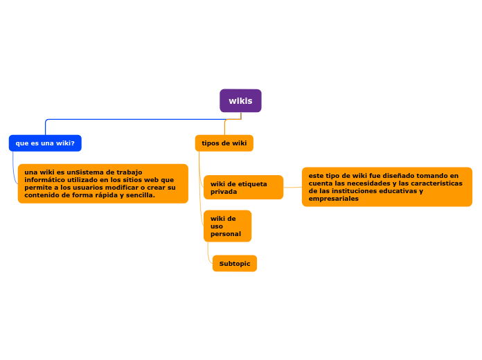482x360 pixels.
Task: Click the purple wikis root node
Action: [240, 100]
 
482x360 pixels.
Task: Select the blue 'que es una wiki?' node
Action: [45, 143]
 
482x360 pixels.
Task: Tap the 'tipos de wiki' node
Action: [224, 143]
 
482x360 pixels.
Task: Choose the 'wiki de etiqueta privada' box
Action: [243, 188]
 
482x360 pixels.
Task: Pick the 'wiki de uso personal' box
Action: [227, 226]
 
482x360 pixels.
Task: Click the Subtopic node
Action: [235, 264]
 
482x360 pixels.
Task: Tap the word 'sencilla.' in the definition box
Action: [140, 195]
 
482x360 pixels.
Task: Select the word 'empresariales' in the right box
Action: [334, 199]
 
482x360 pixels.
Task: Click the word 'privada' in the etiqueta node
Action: [224, 192]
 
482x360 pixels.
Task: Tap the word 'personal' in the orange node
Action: [226, 234]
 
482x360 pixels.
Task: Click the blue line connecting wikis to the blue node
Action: [139, 120]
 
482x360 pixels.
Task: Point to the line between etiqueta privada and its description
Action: [292, 187]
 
